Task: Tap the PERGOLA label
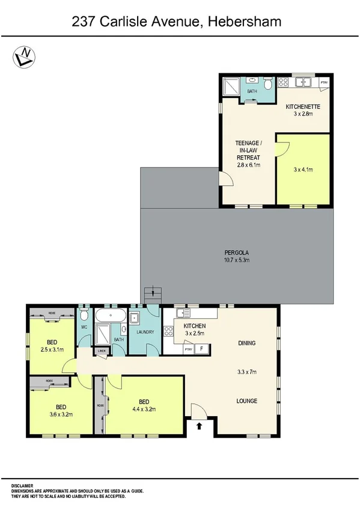[x=236, y=253]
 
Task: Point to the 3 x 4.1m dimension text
[x=304, y=170]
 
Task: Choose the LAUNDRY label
[x=145, y=332]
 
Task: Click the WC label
[x=85, y=327]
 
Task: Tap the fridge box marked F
[x=201, y=348]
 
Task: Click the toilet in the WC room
[x=84, y=315]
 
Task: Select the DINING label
[x=246, y=343]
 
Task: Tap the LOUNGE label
[x=246, y=401]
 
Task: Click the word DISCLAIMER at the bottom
[x=22, y=485]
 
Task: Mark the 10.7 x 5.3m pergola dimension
[x=236, y=260]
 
